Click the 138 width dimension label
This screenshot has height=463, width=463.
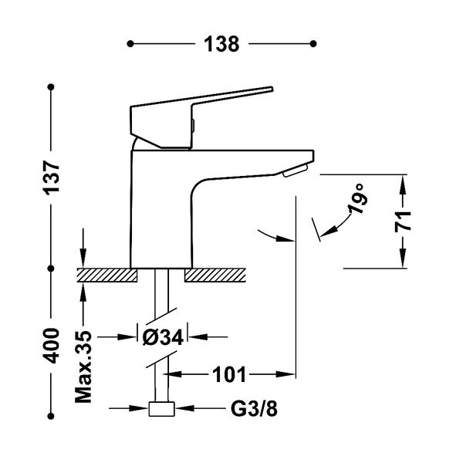click(x=221, y=44)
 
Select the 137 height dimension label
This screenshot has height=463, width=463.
click(x=52, y=177)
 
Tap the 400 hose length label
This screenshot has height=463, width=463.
click(x=52, y=346)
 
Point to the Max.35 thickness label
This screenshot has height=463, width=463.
click(x=83, y=367)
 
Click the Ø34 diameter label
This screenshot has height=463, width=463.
click(x=163, y=337)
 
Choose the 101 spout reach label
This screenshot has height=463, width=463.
click(x=229, y=375)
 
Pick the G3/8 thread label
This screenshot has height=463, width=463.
click(x=254, y=409)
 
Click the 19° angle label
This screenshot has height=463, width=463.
click(x=358, y=198)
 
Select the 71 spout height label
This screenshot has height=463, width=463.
click(x=403, y=221)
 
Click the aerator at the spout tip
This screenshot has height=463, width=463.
click(x=295, y=171)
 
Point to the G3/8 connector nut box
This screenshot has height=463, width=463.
click(x=161, y=409)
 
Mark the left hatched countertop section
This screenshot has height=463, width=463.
click(x=107, y=275)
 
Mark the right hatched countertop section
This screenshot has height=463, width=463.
click(x=215, y=275)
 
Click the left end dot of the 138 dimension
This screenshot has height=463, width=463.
click(x=130, y=44)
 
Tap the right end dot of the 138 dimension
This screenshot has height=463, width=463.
click(x=313, y=44)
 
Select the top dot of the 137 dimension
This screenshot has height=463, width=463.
click(x=51, y=87)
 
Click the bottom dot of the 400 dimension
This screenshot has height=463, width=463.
click(x=51, y=416)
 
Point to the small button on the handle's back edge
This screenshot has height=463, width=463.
click(x=194, y=125)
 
